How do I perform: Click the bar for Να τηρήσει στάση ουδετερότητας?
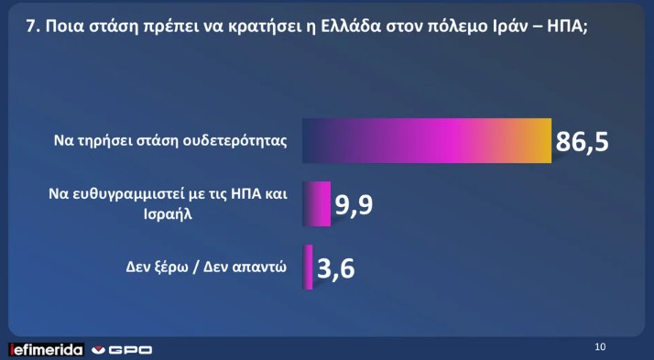click(x=426, y=141)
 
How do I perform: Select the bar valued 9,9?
click(x=317, y=203)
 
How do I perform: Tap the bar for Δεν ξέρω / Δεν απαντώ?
click(x=309, y=267)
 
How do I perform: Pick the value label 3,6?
click(x=337, y=268)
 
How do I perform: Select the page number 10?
click(x=600, y=346)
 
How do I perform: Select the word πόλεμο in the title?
click(x=466, y=27)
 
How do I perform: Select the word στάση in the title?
click(x=105, y=27)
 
